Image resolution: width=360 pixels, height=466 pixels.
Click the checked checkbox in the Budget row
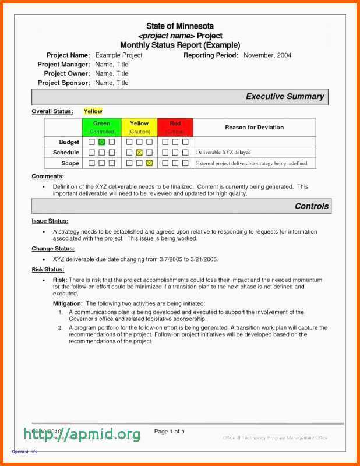101,142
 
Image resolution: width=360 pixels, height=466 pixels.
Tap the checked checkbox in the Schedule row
139,153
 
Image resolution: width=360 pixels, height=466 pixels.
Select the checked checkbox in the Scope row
149,163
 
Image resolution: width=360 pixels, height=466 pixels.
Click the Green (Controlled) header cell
101,127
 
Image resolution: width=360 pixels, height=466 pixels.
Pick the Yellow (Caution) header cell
139,127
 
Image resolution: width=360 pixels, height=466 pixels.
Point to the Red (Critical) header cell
175,127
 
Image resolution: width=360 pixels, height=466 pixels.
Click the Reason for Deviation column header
254,127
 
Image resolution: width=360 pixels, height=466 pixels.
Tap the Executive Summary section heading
284,97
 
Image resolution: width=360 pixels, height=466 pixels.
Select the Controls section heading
312,206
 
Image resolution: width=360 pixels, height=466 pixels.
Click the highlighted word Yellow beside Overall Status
93,111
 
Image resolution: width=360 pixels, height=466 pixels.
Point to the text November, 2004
267,55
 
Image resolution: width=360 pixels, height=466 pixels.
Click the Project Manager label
63,65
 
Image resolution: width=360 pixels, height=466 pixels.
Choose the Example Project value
119,55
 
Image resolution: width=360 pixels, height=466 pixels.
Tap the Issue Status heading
50,221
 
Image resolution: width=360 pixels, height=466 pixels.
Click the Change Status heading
53,249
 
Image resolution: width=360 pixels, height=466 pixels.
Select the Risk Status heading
48,270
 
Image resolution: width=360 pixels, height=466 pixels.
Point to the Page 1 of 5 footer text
170,432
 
